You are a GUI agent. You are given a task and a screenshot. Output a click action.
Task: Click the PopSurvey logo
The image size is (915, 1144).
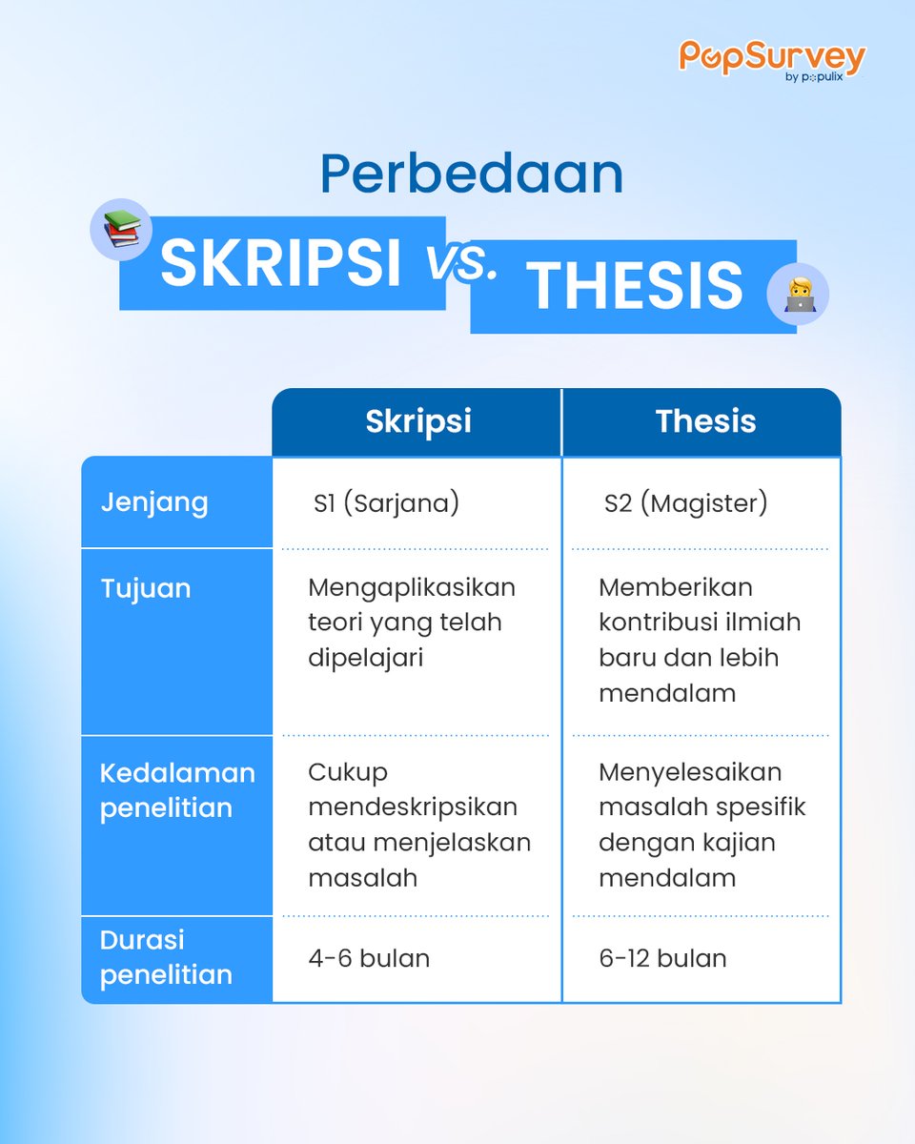point(771,58)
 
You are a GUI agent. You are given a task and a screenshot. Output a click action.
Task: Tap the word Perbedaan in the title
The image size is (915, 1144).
point(472,174)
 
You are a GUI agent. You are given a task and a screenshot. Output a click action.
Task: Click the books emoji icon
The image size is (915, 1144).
point(121,230)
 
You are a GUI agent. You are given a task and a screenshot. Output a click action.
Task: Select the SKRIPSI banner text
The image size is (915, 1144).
point(281,263)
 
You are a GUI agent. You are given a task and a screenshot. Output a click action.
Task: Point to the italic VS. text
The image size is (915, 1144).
point(461,263)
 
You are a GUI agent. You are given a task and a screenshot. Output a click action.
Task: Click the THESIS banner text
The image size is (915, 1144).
point(634,285)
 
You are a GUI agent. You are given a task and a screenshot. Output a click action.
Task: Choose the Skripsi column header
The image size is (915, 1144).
point(417,422)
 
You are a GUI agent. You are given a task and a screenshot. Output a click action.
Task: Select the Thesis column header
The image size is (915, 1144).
point(705,422)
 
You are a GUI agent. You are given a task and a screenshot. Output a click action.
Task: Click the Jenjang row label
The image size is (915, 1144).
point(154,502)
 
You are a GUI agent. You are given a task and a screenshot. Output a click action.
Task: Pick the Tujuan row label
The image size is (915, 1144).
point(146,588)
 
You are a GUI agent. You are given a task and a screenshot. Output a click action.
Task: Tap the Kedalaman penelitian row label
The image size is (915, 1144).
point(176,790)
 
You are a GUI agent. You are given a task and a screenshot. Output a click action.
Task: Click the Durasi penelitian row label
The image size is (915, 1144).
point(166,957)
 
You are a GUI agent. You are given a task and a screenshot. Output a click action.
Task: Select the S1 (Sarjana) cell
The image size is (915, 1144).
point(386,503)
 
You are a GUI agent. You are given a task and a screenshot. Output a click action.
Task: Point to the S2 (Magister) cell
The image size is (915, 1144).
point(685,503)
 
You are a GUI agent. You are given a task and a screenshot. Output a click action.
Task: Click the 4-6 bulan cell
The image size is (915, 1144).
point(368,958)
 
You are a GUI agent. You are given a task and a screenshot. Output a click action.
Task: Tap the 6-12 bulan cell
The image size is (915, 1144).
point(662,958)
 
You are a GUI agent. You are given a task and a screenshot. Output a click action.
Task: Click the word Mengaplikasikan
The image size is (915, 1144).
point(412,587)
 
